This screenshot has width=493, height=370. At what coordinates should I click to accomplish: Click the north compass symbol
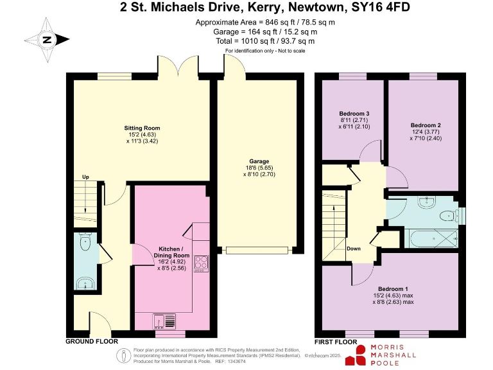point(46,39)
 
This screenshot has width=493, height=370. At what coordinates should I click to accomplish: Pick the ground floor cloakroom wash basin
point(83,283)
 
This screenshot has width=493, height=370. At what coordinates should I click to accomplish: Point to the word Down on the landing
point(353,249)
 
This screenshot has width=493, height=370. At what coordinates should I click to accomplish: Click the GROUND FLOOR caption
point(91,342)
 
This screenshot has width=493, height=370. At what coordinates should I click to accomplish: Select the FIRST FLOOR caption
point(336,342)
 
